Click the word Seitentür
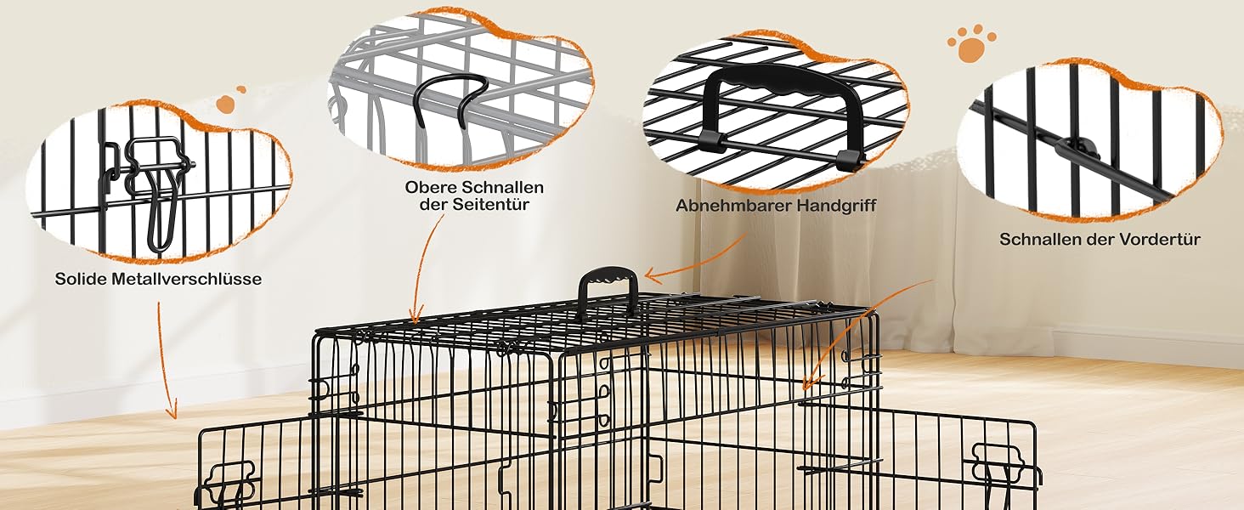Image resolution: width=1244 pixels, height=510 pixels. (490, 205)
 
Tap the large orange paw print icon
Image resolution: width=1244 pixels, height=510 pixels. (971, 43)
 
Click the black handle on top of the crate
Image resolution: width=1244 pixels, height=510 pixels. (608, 291)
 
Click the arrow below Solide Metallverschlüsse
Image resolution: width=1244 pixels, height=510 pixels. (166, 360)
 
